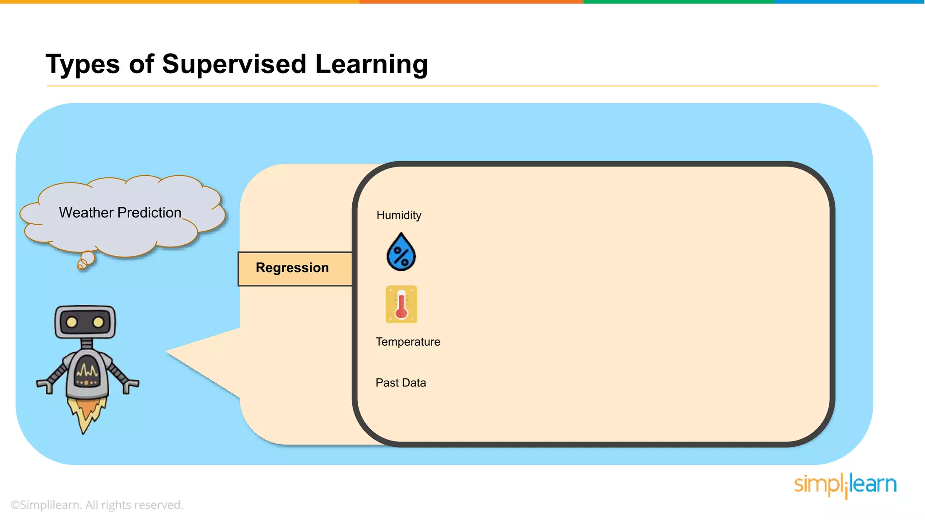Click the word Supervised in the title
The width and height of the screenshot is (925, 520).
pos(235,64)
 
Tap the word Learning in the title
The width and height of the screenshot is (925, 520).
pos(371,64)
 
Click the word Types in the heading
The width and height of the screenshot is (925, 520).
pos(83,64)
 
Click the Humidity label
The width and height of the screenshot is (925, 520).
pos(399,215)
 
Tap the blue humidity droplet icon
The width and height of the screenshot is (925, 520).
pos(401,253)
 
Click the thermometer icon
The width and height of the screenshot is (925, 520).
pos(401,304)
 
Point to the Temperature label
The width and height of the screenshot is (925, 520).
pos(408,342)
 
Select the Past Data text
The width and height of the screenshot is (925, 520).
pos(401,383)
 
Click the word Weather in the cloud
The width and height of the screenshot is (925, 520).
pos(86,213)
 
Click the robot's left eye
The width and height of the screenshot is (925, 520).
pos(71,322)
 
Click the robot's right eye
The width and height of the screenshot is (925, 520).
pos(98,322)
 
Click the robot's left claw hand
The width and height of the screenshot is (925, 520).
pos(45,386)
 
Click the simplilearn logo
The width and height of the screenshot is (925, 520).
pos(845,485)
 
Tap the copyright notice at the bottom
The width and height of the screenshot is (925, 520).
pos(97,505)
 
